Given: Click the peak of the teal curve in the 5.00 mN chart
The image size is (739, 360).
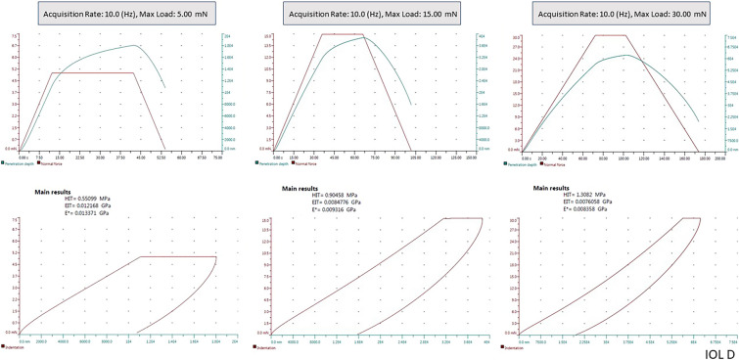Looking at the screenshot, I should click(135, 45).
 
